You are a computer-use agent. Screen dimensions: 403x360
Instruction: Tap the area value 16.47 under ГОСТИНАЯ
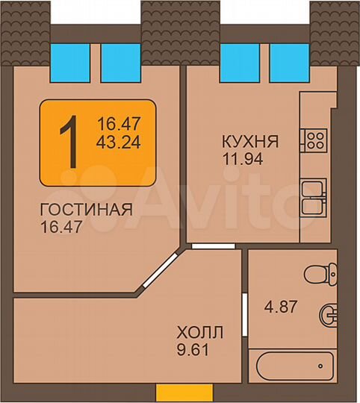60,225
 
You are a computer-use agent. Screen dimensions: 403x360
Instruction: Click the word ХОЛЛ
199,332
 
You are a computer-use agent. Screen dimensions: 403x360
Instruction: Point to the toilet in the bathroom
323,274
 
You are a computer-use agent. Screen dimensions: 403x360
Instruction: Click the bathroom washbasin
328,314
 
